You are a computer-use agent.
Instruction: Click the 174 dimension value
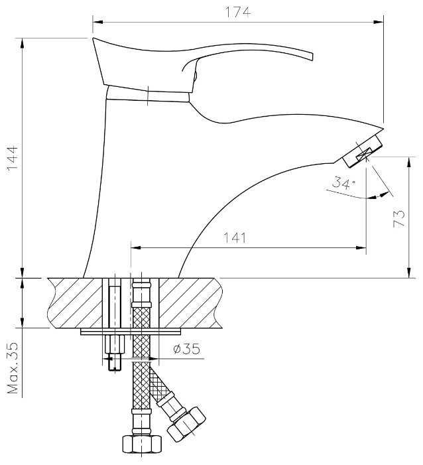tap(237, 12)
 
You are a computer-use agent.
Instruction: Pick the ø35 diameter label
tap(186, 350)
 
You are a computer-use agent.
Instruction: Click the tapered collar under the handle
tap(147, 94)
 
